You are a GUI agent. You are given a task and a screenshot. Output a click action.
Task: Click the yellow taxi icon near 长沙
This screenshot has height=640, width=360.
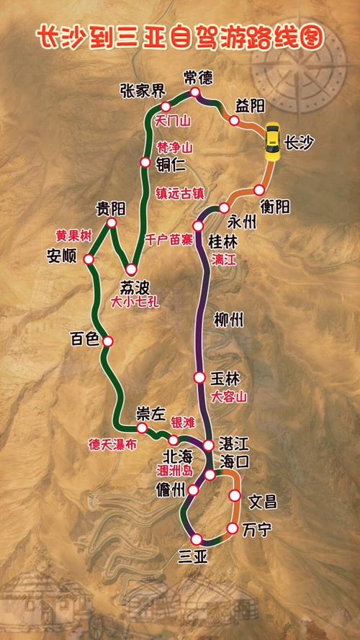pyautogui.click(x=273, y=143)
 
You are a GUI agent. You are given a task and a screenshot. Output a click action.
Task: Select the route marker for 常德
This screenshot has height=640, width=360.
pyautogui.click(x=194, y=93)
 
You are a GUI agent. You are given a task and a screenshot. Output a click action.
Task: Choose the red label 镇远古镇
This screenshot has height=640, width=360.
pyautogui.click(x=180, y=192)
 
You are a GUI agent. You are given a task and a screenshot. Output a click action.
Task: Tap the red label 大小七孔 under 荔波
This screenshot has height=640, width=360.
pyautogui.click(x=135, y=303)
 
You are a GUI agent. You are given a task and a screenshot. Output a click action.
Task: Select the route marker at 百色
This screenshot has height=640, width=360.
pyautogui.click(x=108, y=341)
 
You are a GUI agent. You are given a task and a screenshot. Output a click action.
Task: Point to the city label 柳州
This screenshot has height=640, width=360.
pyautogui.click(x=230, y=320)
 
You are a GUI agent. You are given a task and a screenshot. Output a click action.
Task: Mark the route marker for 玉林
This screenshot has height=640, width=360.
pyautogui.click(x=199, y=377)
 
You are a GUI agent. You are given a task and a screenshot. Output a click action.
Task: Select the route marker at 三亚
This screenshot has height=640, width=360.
pyautogui.click(x=195, y=539)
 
